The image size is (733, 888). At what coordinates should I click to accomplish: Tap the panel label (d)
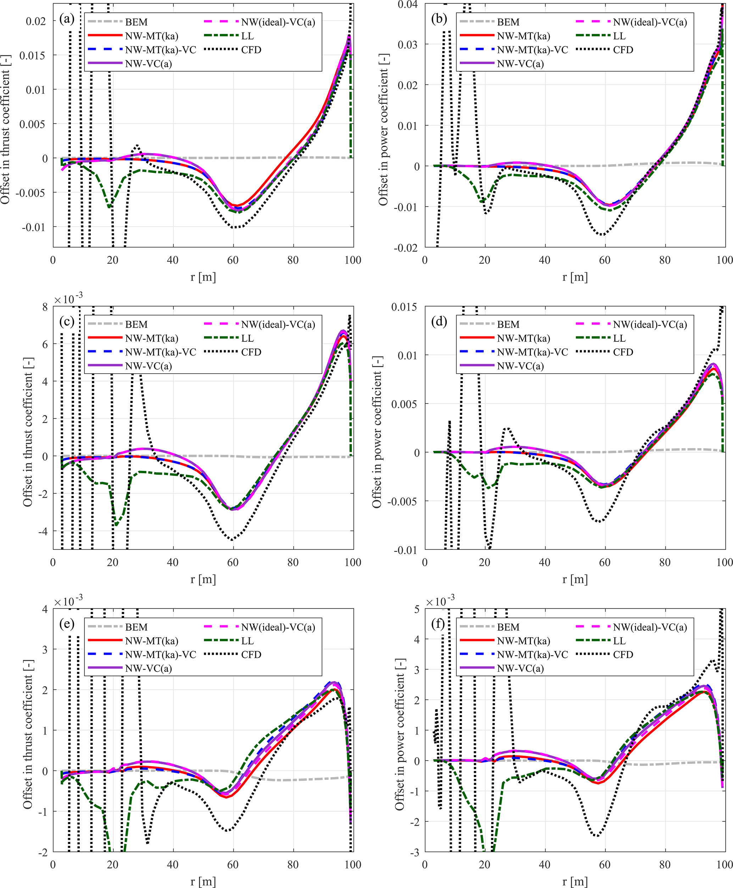point(439,321)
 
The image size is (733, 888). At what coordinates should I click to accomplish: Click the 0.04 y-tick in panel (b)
point(407,5)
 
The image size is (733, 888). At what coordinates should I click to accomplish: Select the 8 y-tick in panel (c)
point(45,307)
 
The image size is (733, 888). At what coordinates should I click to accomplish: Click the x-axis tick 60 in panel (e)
point(233,864)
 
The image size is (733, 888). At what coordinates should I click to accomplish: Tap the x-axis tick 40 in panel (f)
point(545,864)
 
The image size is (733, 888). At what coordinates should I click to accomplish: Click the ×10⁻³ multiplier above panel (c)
point(68,298)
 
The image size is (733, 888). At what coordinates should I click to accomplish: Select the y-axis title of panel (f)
point(399,735)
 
